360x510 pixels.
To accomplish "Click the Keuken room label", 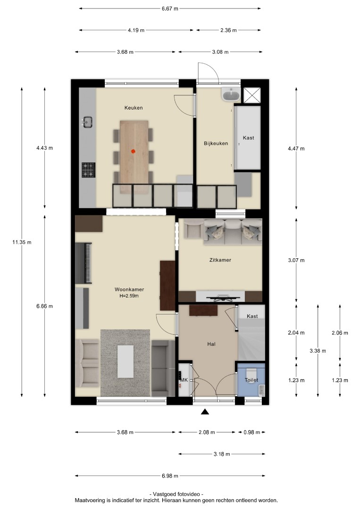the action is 134,108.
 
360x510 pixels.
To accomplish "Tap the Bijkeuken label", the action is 216,143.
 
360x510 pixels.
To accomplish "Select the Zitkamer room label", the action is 220,260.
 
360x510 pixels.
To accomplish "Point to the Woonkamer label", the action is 129,289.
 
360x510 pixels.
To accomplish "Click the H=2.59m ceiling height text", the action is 129,296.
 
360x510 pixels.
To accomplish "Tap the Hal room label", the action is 211,344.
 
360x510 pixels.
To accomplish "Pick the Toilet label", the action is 251,380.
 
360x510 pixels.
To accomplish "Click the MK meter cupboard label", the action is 184,380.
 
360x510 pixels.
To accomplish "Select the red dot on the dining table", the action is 133,151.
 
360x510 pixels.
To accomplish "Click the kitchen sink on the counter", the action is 87,122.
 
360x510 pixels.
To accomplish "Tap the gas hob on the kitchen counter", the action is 88,170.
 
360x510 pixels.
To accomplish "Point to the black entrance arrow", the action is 204,412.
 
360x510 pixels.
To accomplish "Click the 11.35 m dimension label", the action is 22,242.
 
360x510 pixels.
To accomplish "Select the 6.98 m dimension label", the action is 170,476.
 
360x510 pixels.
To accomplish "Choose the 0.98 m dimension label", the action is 252,432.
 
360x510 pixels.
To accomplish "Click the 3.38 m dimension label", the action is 318,350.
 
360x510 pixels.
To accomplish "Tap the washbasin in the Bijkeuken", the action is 231,94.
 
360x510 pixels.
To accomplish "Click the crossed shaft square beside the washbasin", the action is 252,95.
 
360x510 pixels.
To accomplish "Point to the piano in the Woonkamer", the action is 84,263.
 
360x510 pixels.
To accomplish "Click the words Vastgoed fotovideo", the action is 176,494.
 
